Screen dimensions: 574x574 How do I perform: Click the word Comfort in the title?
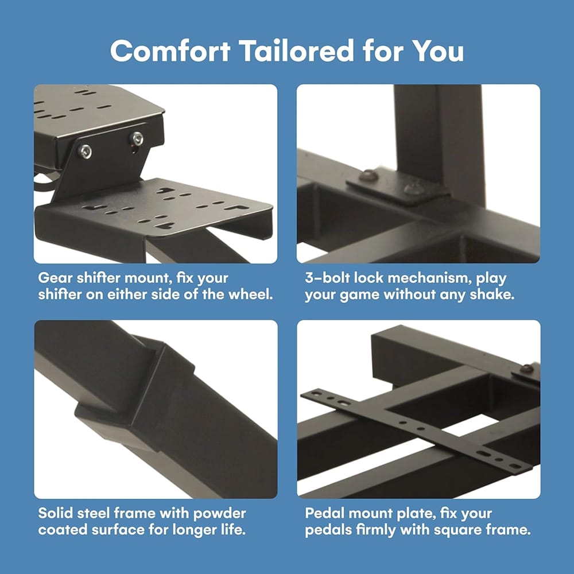[x=170, y=51]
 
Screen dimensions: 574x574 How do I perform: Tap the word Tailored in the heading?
[x=297, y=51]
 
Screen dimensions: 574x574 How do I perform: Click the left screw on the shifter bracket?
[x=85, y=151]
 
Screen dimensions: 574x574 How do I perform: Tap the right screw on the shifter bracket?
[x=137, y=138]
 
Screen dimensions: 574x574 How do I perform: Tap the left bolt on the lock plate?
[x=369, y=175]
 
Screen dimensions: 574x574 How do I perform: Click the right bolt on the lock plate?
[x=414, y=188]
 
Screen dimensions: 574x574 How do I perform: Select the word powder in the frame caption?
[x=220, y=514]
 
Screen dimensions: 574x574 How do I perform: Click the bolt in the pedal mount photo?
[x=527, y=369]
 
